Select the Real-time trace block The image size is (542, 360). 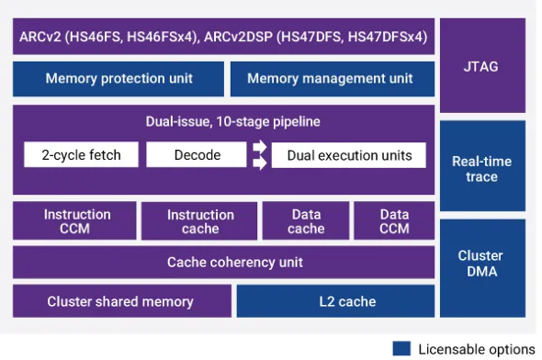[482, 169]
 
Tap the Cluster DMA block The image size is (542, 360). [482, 266]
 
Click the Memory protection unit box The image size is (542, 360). [119, 79]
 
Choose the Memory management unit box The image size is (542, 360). [330, 79]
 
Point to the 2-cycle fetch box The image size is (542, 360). [81, 155]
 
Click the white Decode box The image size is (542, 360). [197, 155]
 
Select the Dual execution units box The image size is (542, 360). [349, 155]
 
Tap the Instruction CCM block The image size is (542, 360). [76, 221]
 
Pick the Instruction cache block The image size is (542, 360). [200, 221]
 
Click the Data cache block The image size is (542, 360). [306, 221]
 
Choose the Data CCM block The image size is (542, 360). [394, 221]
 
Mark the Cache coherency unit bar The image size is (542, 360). [223, 263]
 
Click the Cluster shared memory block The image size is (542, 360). [120, 301]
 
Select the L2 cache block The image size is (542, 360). [335, 301]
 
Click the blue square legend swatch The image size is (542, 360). [401, 349]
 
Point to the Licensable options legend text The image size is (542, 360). [476, 349]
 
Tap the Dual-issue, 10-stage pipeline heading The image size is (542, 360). [223, 121]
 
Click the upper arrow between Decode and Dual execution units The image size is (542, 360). [260, 148]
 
